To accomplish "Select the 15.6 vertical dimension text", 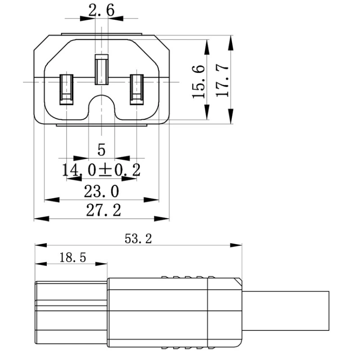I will coord(199,81).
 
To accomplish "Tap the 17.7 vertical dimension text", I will coord(223,81).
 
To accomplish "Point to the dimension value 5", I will coord(101,149).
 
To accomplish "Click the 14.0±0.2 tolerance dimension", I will coord(101,170).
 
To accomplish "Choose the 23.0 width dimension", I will coord(101,192).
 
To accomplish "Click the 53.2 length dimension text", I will coord(138,238).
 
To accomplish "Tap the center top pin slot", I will coord(101,70).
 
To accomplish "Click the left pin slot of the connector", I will coord(66,89).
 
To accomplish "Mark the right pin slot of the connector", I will coord(136,89).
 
